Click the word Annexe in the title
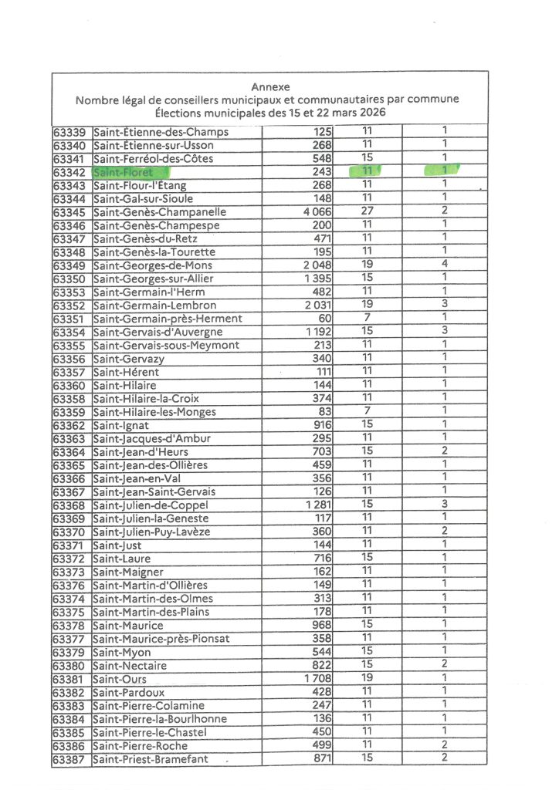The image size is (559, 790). [270, 87]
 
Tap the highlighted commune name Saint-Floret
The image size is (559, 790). [123, 172]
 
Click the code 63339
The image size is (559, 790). [71, 132]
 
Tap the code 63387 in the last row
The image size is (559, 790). [71, 760]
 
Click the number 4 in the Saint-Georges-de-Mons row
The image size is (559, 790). [445, 265]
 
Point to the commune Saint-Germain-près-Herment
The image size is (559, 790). [167, 319]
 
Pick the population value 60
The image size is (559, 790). [324, 319]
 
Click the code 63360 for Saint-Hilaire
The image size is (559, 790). [71, 385]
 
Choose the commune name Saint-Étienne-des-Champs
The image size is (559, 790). [161, 132]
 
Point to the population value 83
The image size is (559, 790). [324, 412]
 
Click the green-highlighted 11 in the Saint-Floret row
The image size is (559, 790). [368, 170]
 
